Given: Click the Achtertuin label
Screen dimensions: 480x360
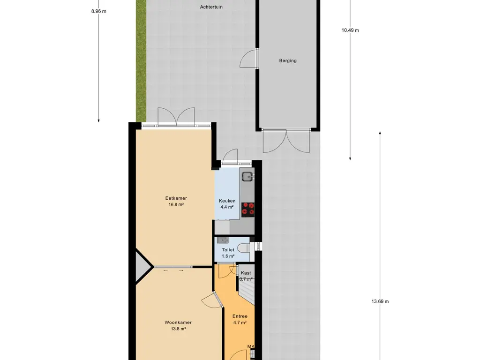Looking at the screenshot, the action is click(211, 7).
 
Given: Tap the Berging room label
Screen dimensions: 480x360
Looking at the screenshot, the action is click(288, 60).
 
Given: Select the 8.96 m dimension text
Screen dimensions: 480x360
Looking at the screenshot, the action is click(98, 11).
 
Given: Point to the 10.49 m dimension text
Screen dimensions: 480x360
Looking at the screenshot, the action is click(350, 30).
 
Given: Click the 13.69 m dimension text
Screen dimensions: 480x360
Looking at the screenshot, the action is click(380, 301).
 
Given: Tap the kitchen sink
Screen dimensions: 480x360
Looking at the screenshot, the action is click(247, 176).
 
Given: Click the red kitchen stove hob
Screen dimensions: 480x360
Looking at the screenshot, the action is click(248, 210).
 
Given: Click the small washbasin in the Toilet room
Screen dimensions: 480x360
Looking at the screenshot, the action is click(222, 240).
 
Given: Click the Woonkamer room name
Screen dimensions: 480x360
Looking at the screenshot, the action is click(178, 322).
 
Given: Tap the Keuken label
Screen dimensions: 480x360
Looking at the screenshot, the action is click(227, 201).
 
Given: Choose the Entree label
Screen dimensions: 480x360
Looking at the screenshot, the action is click(240, 316).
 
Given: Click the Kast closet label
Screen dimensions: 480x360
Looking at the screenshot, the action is click(246, 273).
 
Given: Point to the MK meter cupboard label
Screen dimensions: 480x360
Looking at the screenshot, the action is click(251, 346).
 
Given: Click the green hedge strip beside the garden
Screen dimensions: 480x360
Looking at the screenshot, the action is click(141, 60).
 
